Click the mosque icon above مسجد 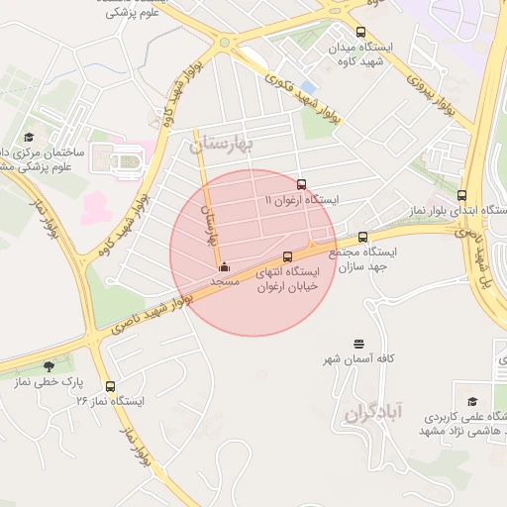(x=224, y=266)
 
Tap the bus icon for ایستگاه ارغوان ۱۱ (x=302, y=184)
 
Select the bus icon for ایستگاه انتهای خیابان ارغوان (x=288, y=255)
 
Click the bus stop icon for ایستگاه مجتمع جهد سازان (x=362, y=237)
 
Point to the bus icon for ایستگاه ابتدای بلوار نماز (x=462, y=195)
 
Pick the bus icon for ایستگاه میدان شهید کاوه (x=359, y=32)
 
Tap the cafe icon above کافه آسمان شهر (x=357, y=342)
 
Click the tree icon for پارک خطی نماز (x=49, y=366)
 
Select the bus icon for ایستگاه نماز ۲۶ (x=109, y=386)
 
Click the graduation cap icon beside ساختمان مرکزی (x=29, y=137)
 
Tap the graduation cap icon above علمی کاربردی (x=472, y=401)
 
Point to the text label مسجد (x=225, y=282)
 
